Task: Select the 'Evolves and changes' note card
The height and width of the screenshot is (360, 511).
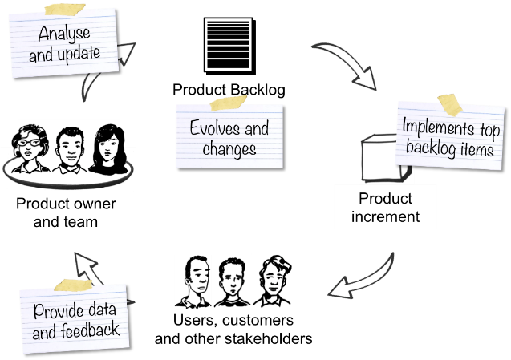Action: click(x=229, y=136)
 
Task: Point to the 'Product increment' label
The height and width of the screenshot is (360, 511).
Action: click(x=385, y=207)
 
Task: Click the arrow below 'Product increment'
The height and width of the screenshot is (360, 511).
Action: click(x=365, y=280)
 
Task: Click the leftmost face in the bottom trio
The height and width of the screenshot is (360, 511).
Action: click(x=193, y=282)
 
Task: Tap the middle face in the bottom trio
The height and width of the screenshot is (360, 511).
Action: click(x=231, y=282)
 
